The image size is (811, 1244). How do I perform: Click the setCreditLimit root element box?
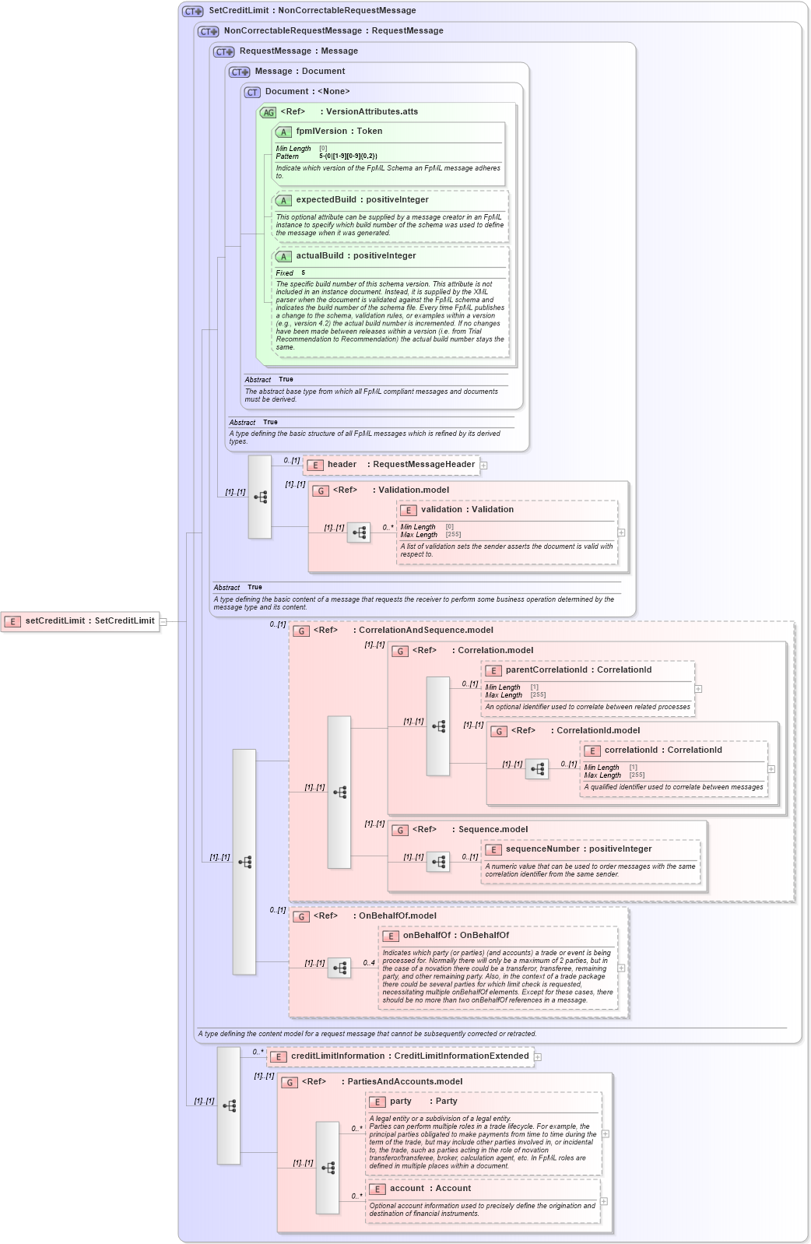(x=80, y=621)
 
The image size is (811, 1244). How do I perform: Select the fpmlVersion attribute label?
(x=339, y=132)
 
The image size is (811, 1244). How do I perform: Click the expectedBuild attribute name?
(x=362, y=200)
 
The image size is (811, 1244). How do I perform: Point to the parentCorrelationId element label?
(x=578, y=670)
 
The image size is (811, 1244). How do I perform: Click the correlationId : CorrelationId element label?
(x=663, y=750)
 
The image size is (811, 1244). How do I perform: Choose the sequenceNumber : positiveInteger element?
(x=578, y=849)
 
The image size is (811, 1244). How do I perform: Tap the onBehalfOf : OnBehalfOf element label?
(x=455, y=936)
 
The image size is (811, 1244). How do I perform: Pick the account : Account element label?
(x=430, y=1189)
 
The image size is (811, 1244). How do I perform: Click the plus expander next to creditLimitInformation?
(x=538, y=1057)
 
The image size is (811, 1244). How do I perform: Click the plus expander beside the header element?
(x=484, y=466)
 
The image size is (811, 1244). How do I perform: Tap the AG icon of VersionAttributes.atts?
(x=268, y=112)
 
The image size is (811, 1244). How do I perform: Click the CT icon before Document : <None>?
(x=252, y=92)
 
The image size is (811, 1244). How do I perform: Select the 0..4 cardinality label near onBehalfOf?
(x=369, y=963)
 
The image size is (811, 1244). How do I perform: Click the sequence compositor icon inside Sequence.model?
(x=438, y=862)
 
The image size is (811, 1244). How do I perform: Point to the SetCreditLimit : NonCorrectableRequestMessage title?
(x=312, y=11)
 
